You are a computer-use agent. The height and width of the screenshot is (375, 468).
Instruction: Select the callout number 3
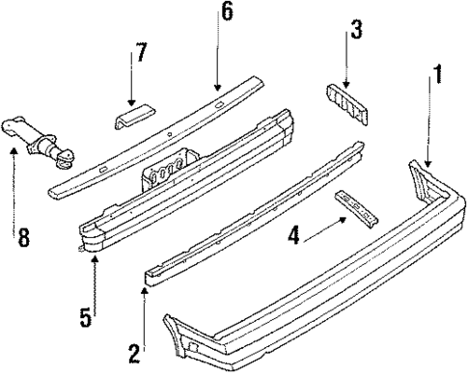click(356, 31)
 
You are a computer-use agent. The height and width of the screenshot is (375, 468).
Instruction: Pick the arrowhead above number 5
click(94, 263)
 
